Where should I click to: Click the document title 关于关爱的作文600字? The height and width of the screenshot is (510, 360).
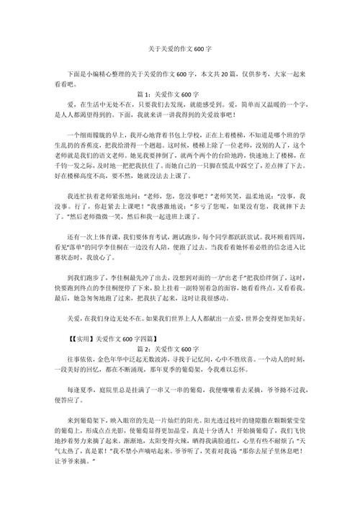point(179,52)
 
